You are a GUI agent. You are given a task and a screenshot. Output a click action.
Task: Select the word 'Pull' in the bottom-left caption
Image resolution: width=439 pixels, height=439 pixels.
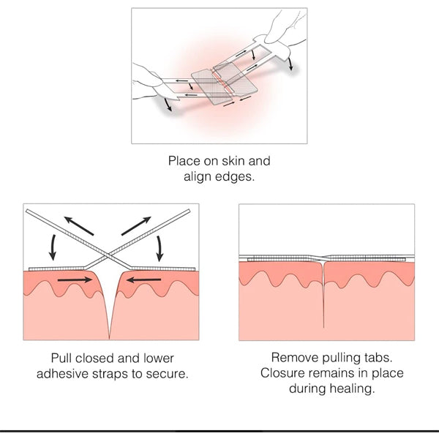pos(62,358)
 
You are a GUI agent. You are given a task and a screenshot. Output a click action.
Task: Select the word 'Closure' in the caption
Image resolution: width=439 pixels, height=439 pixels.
pos(282,374)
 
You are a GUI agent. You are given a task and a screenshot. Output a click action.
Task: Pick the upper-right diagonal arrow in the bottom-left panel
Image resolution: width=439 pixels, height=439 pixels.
pos(138,223)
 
